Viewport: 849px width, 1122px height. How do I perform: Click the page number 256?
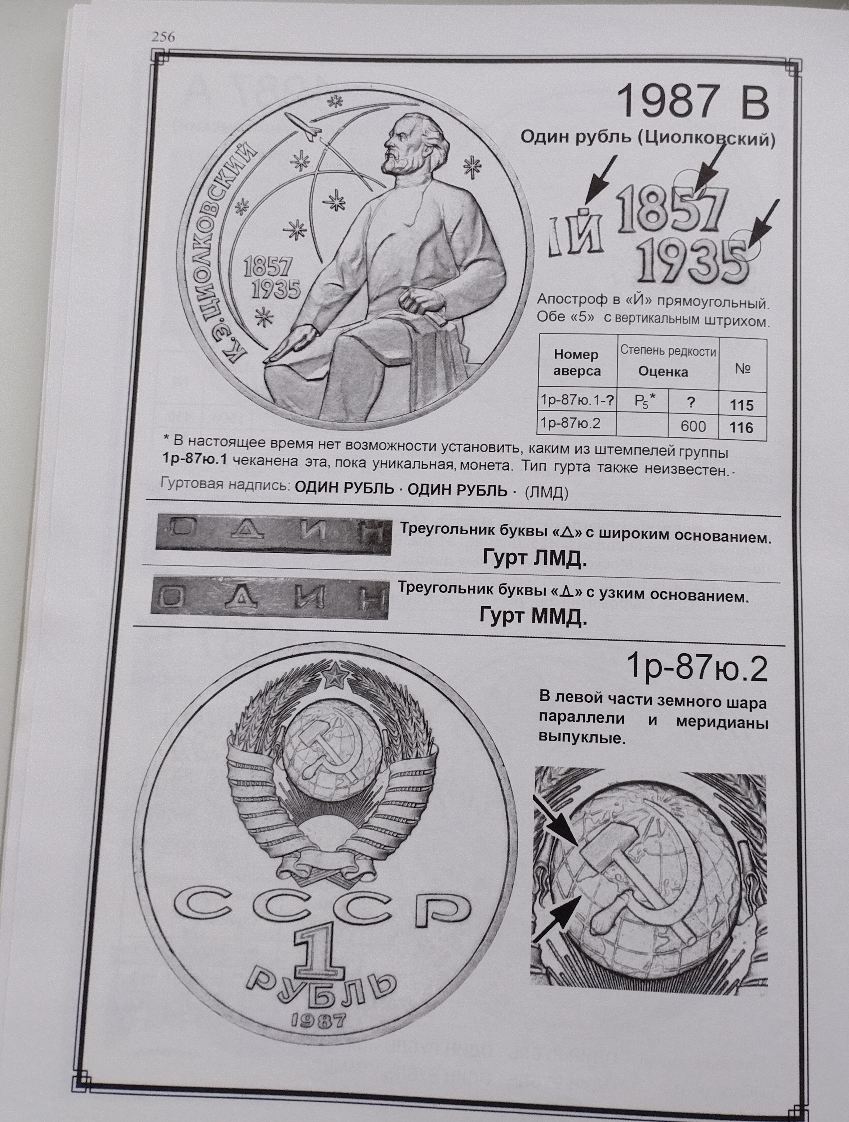163,37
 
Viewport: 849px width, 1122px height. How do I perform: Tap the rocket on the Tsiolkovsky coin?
302,127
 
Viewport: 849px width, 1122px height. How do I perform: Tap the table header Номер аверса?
577,362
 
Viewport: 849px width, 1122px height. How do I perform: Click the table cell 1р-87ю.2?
571,423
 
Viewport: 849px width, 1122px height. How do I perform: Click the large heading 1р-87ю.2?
697,669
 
